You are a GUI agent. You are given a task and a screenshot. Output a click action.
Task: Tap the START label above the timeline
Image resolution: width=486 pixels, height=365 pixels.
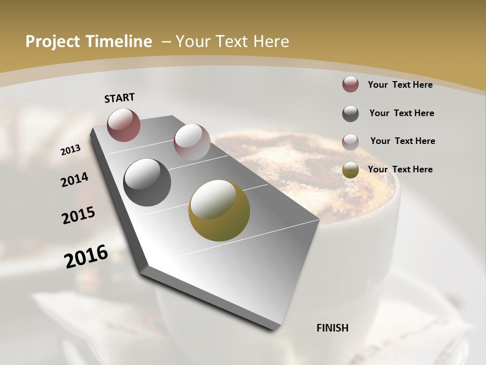coord(119,98)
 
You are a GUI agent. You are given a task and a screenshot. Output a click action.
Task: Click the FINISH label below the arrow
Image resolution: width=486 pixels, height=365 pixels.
coord(333,328)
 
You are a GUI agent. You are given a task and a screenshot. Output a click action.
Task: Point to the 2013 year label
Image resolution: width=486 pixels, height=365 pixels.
coord(71,150)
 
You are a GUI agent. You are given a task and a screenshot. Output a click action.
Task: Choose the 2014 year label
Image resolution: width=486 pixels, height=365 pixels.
coord(75,180)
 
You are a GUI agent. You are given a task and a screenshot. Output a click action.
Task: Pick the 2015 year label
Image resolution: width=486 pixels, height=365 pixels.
coord(78,215)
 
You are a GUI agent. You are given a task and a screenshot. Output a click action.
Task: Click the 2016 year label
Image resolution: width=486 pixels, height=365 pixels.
coord(86,257)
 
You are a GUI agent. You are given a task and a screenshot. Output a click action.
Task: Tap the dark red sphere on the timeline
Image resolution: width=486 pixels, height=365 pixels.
coord(124,125)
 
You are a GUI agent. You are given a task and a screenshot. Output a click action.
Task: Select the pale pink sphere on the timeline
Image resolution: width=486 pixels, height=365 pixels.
coord(192,142)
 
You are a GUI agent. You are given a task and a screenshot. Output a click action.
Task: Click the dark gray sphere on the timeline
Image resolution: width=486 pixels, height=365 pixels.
coord(147,182)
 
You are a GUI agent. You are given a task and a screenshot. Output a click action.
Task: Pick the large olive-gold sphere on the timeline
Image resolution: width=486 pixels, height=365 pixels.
coord(219,210)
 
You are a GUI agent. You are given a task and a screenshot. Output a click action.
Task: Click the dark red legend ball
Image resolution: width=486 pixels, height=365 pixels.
coord(350,84)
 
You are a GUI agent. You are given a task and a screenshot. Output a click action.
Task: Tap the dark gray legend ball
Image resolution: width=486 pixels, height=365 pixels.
coord(350,114)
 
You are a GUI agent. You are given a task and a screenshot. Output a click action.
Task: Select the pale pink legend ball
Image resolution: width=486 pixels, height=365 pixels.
coord(350,142)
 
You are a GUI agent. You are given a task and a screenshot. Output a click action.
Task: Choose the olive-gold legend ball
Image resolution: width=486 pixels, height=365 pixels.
coord(350,170)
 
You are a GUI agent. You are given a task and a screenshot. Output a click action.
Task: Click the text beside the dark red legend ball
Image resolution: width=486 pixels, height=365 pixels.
coord(400,85)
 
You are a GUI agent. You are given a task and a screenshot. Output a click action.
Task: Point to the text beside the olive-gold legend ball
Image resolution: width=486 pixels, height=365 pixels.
coord(400,169)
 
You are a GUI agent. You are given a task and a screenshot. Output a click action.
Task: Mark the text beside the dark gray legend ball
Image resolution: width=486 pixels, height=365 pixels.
coord(401,113)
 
